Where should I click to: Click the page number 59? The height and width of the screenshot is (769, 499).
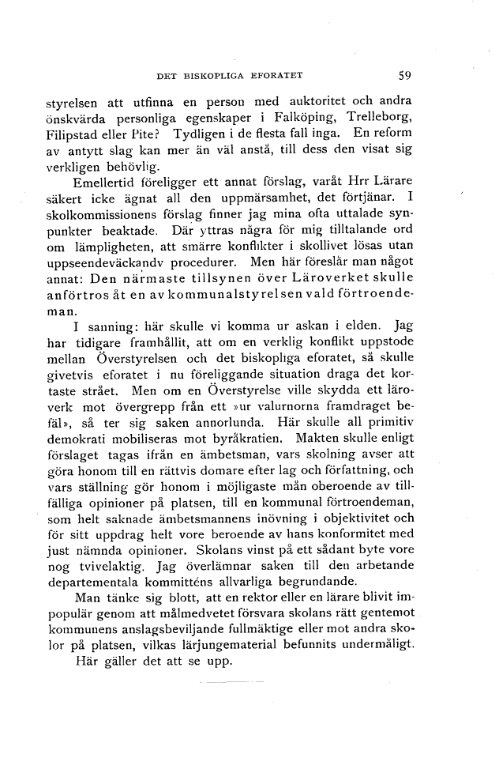point(405,76)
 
